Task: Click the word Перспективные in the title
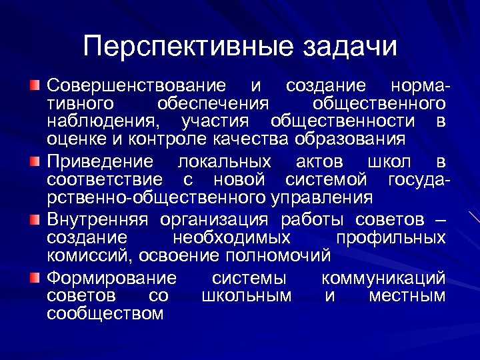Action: (189, 47)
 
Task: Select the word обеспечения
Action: (213, 104)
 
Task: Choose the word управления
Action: (322, 198)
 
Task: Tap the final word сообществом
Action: (105, 314)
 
